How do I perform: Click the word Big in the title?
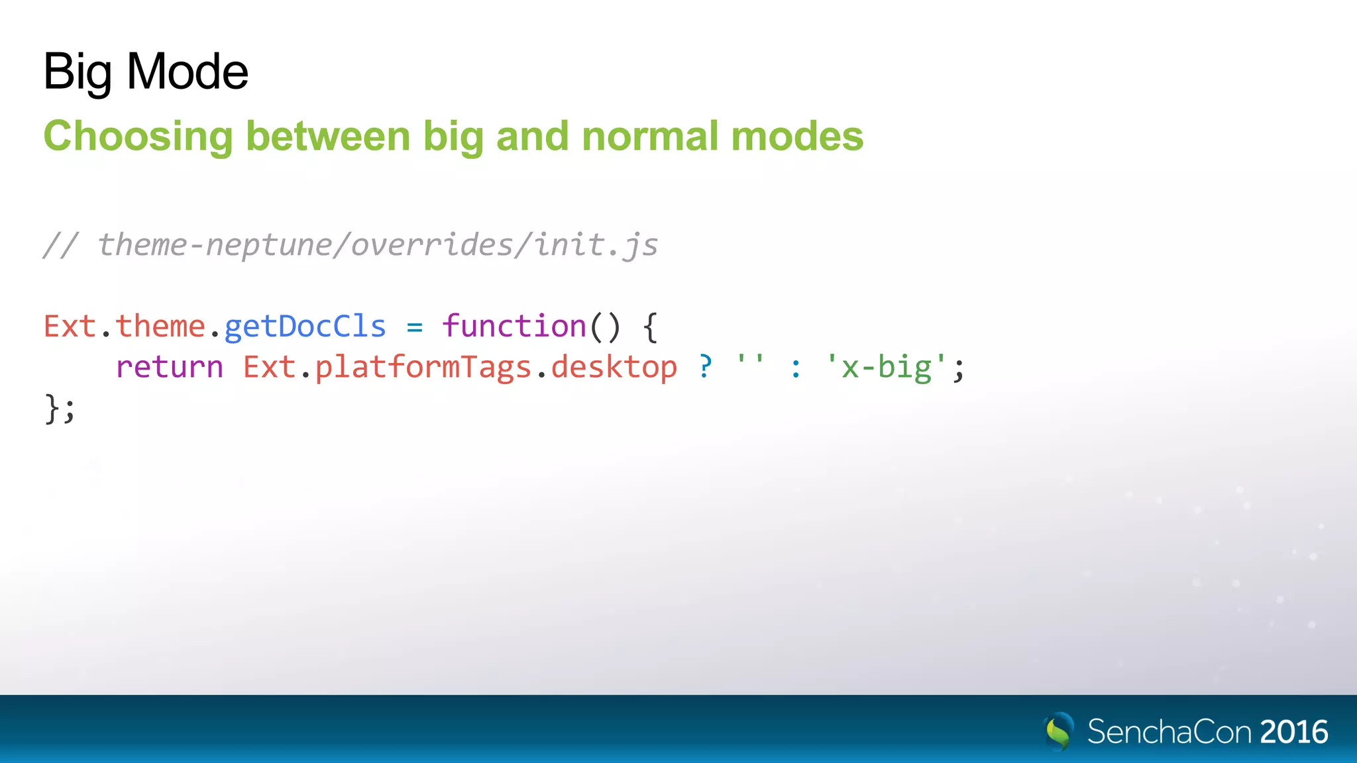click(77, 72)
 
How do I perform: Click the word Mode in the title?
click(187, 72)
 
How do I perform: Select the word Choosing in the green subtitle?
click(138, 136)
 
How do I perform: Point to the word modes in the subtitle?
click(797, 136)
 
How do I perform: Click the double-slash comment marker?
click(61, 245)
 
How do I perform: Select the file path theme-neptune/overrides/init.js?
click(378, 245)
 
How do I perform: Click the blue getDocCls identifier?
click(305, 327)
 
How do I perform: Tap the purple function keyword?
click(514, 327)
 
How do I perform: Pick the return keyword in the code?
click(170, 367)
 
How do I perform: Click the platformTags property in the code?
click(423, 367)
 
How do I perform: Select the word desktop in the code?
click(614, 367)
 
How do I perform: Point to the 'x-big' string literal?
click(886, 367)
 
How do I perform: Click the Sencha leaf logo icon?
click(1059, 731)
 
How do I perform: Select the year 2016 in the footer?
click(1293, 732)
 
